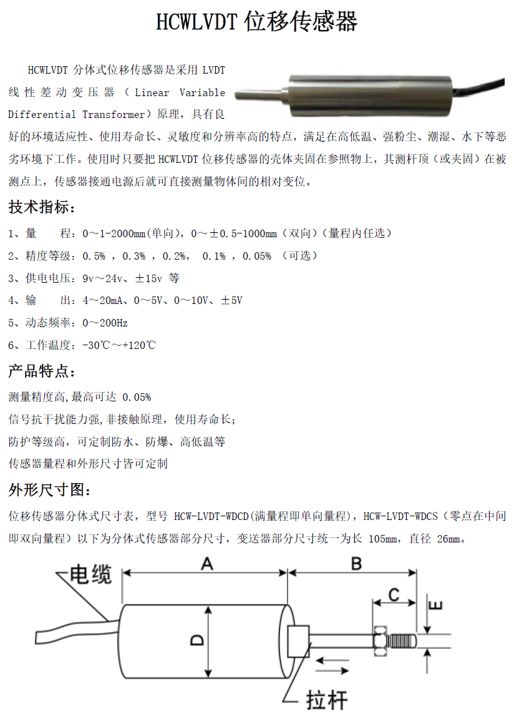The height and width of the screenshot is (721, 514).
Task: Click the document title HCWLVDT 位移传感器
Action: coord(256,22)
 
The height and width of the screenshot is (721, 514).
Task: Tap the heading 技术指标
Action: coord(41,207)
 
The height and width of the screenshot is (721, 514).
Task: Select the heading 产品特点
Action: coord(41,372)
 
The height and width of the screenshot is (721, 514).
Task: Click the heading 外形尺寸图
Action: coord(49,490)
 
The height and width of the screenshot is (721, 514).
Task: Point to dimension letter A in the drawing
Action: coord(206,564)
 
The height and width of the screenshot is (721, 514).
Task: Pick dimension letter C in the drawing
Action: coord(394,594)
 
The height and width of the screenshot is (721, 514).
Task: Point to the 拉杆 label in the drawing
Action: coord(326,700)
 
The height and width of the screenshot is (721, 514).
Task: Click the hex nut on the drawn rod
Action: coord(379,640)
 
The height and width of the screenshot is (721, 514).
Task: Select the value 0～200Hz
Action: coord(105,323)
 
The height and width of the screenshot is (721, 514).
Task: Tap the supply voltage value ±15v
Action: coord(148,278)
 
